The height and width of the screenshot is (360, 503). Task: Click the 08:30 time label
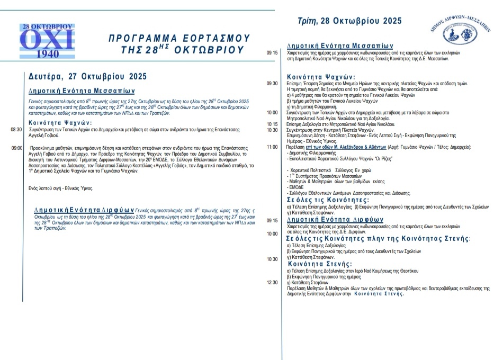(x=16, y=129)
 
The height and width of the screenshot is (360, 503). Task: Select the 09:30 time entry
(x=272, y=84)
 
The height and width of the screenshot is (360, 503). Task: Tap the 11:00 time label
(x=272, y=147)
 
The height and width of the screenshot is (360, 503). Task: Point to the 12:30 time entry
(x=272, y=282)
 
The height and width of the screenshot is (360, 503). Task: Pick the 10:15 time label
(x=272, y=124)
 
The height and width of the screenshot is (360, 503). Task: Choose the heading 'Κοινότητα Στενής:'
(x=320, y=264)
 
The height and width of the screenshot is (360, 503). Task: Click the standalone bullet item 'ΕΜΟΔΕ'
(x=294, y=187)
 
